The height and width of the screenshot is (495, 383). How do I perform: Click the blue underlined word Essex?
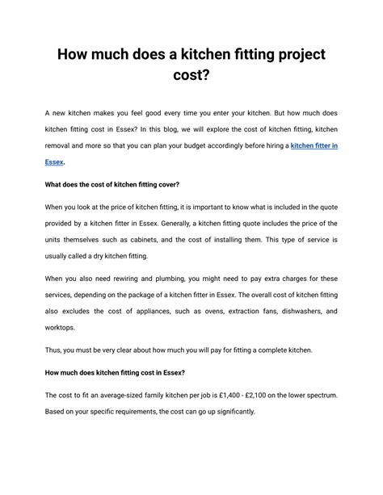click(x=55, y=162)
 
